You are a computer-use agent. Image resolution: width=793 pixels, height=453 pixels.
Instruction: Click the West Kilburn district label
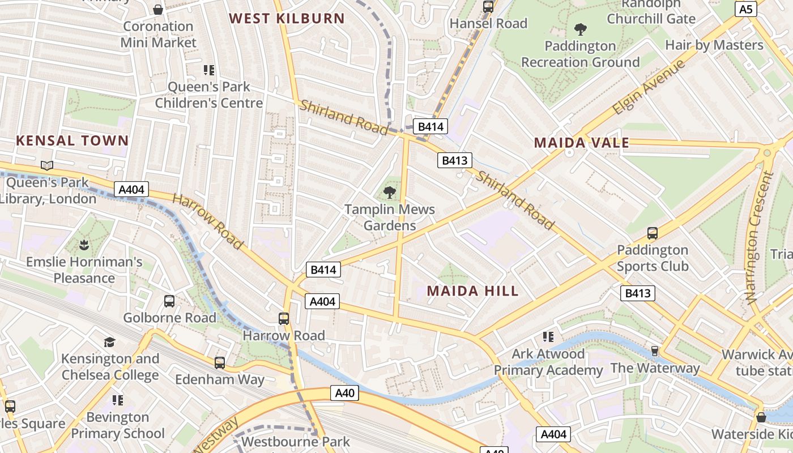click(x=287, y=18)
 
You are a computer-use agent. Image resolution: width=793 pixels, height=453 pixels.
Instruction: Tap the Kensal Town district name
click(x=72, y=140)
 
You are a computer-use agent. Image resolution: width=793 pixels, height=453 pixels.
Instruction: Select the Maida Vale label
click(x=582, y=143)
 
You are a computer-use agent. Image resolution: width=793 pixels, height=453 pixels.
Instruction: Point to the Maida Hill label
click(x=472, y=291)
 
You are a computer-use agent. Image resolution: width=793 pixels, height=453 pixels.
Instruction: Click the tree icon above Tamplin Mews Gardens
click(x=389, y=193)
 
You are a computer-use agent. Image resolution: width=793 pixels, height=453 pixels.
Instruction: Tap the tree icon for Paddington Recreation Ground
click(x=580, y=29)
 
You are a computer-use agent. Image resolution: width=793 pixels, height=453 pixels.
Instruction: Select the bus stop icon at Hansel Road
click(x=488, y=7)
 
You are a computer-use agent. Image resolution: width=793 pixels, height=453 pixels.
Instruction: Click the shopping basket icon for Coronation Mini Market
click(x=158, y=10)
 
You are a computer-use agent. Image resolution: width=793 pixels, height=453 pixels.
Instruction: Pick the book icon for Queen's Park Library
click(x=47, y=165)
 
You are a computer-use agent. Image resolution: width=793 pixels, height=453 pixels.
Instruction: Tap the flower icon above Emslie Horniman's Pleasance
click(x=84, y=245)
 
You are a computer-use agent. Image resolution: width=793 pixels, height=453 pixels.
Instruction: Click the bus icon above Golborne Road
click(x=169, y=301)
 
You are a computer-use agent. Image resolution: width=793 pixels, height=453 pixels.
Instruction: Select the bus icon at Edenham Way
click(x=219, y=362)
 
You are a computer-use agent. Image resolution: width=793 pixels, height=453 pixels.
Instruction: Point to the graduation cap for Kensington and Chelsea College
click(x=109, y=342)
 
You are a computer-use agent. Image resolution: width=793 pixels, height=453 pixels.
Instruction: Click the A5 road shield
click(x=746, y=9)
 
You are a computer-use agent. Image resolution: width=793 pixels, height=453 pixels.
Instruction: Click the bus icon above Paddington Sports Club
click(x=653, y=233)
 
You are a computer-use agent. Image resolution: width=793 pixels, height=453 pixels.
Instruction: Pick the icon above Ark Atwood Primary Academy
click(x=548, y=337)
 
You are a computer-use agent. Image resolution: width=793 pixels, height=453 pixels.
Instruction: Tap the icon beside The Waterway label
click(x=655, y=351)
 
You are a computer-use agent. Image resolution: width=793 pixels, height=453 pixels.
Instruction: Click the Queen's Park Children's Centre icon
click(x=209, y=70)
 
